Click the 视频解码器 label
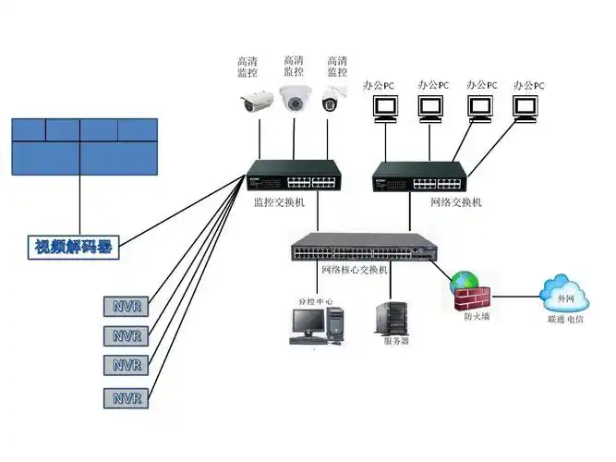click(x=78, y=247)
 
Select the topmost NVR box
click(x=127, y=306)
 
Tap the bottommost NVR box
click(x=127, y=398)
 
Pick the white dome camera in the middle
click(x=295, y=98)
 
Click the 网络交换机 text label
click(x=455, y=201)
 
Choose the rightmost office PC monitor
click(x=527, y=109)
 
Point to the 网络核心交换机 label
click(x=355, y=270)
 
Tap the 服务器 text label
click(x=395, y=341)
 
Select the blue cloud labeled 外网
click(x=565, y=296)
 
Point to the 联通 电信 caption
click(x=565, y=319)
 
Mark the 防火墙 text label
click(x=477, y=317)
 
